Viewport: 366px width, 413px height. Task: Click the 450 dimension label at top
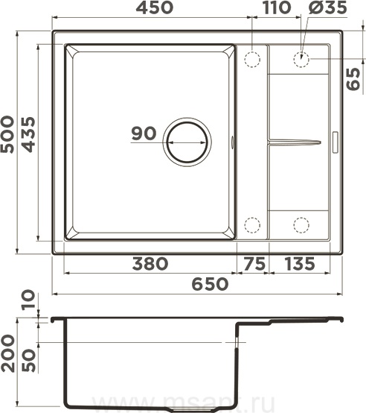point(155,7)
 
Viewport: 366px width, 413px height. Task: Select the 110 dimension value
point(277,7)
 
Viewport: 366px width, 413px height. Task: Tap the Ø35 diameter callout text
point(328,7)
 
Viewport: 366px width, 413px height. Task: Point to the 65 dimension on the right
point(353,79)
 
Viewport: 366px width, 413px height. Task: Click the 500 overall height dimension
point(7,134)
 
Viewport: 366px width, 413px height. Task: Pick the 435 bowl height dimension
point(28,134)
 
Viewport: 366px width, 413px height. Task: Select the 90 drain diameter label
point(144,133)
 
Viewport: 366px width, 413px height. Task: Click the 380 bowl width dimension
point(150,264)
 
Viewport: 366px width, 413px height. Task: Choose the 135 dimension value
point(300,264)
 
